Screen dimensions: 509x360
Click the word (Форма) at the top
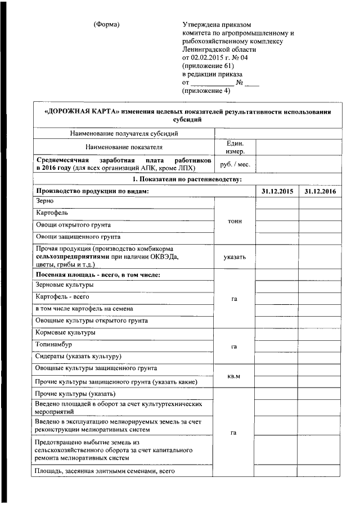pyautogui.click(x=107, y=25)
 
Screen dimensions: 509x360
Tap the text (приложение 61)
pyautogui.click(x=208, y=65)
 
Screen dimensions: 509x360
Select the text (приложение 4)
pyautogui.click(x=206, y=90)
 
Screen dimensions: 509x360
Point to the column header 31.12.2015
pyautogui.click(x=277, y=192)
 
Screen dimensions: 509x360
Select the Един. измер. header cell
pyautogui.click(x=235, y=147)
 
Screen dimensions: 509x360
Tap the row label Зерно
pyautogui.click(x=44, y=201)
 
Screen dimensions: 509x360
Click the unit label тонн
pyautogui.click(x=235, y=221)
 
